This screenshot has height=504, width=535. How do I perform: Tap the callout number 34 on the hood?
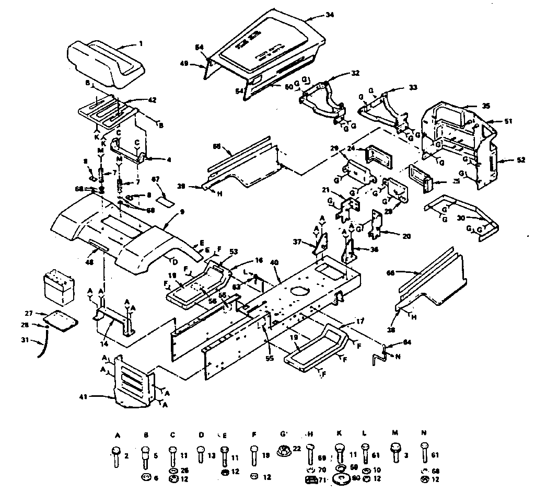[329, 16]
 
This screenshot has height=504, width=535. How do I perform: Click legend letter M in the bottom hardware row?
[395, 433]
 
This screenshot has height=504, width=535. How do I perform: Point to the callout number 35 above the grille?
[486, 106]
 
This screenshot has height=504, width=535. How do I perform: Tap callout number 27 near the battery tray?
[29, 314]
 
